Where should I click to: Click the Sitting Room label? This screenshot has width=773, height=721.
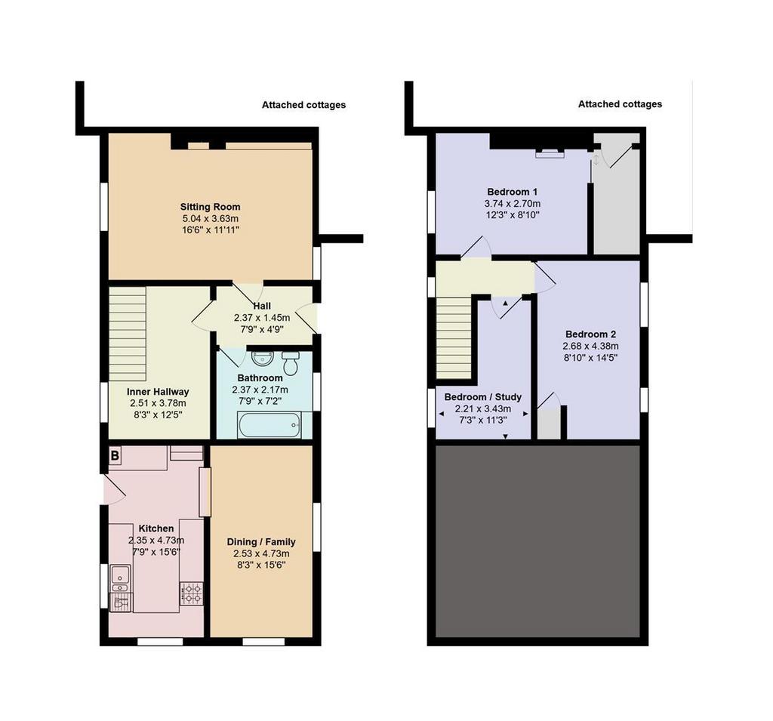[210, 207]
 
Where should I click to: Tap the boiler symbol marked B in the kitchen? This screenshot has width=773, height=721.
[115, 455]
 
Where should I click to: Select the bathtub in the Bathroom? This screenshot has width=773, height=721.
[269, 425]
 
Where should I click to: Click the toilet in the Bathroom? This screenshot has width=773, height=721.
[291, 363]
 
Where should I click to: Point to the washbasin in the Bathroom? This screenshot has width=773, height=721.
[262, 358]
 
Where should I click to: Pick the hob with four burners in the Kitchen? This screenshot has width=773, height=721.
[191, 593]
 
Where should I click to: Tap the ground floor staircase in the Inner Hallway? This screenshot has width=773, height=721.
[127, 334]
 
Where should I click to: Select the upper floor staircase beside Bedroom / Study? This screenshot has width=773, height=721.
[454, 337]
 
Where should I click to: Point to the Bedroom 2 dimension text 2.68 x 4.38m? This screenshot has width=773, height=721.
[590, 347]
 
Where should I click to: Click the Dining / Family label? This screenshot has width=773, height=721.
[261, 542]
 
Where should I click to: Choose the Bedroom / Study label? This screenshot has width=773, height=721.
[482, 397]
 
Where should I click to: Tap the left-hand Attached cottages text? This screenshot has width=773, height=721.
[303, 105]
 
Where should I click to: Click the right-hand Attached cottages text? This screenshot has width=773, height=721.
[621, 104]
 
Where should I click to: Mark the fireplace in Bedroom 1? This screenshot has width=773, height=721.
[550, 153]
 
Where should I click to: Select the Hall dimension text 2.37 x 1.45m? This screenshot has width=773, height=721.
[262, 318]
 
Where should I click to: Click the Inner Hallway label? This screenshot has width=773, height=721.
[158, 392]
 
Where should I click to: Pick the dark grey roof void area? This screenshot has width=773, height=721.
[537, 541]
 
